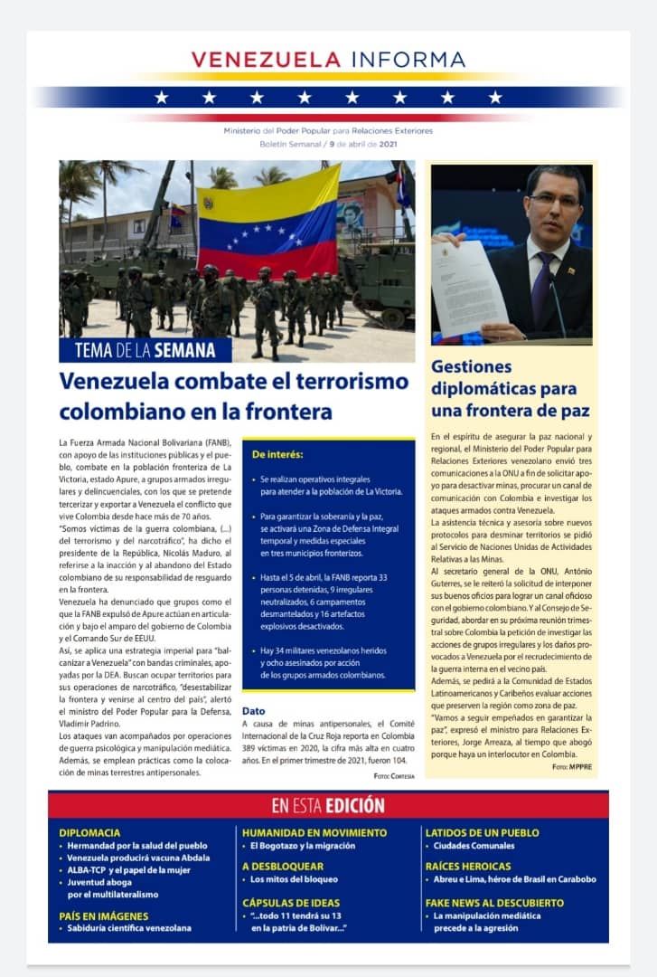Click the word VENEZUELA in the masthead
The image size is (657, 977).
[x=266, y=60]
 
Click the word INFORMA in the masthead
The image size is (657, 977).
[x=408, y=60]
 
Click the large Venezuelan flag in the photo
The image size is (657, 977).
[x=268, y=222]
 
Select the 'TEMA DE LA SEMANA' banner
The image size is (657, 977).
[x=145, y=350]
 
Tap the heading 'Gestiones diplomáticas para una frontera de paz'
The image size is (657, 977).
[x=511, y=388]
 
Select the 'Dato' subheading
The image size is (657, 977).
[x=253, y=711]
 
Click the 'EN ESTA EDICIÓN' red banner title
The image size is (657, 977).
[x=328, y=805]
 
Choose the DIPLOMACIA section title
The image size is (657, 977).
[x=89, y=832]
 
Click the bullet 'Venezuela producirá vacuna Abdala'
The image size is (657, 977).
[x=138, y=858]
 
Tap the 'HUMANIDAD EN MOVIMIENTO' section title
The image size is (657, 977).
[x=314, y=832]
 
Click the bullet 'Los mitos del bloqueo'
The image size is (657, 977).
[x=294, y=879]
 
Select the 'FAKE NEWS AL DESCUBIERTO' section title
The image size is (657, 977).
[x=494, y=903]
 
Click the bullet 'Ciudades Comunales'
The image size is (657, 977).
[x=474, y=846]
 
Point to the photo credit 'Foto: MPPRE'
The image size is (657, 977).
[x=572, y=766]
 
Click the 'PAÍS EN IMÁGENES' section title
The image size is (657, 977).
[x=103, y=915]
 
